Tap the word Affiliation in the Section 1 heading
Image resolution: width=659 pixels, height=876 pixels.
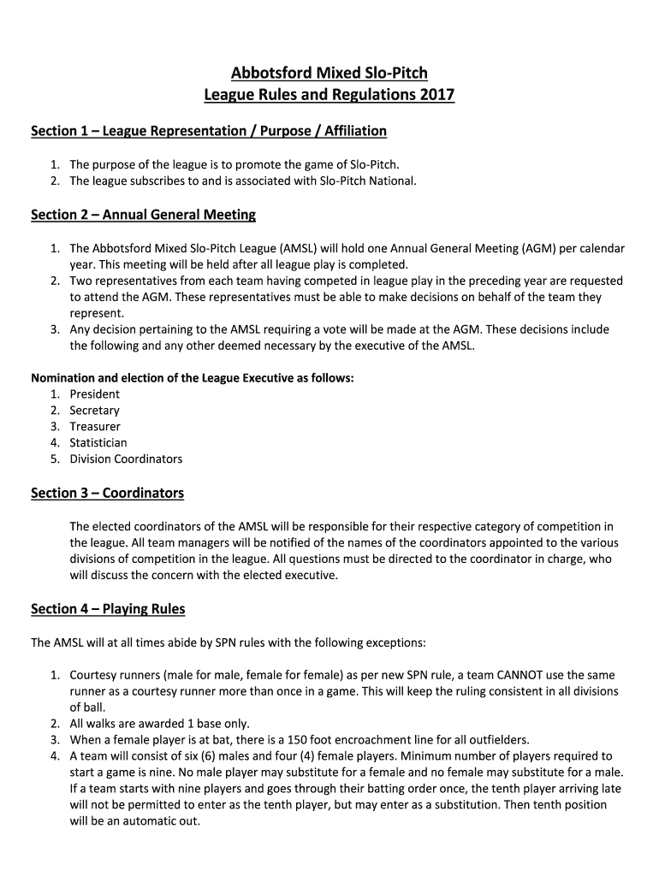coord(355,131)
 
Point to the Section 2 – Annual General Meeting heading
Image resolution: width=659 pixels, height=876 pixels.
coord(143,214)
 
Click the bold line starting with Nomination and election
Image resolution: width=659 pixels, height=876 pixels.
coord(193,378)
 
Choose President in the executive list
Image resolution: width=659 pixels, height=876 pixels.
coord(95,394)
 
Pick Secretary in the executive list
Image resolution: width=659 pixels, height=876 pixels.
coord(95,411)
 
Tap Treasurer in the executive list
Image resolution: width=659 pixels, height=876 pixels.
coord(95,427)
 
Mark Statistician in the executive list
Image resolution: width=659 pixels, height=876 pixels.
coord(98,443)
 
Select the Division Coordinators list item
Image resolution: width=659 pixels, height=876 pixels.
coord(126,459)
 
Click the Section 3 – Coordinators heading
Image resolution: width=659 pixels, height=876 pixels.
coord(107,494)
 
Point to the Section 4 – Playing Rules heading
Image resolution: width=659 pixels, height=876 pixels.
coord(108,609)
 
